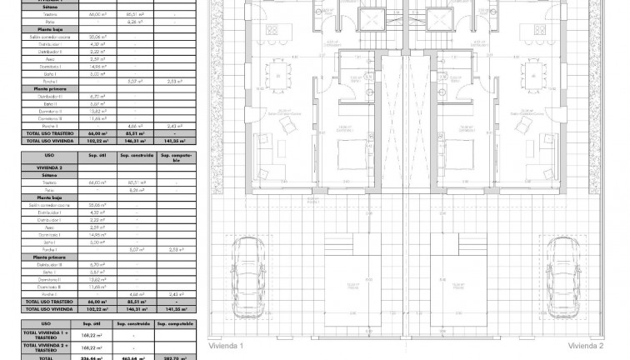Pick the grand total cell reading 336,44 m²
[88, 357]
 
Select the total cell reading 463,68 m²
[135, 357]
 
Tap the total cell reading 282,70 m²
[177, 357]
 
